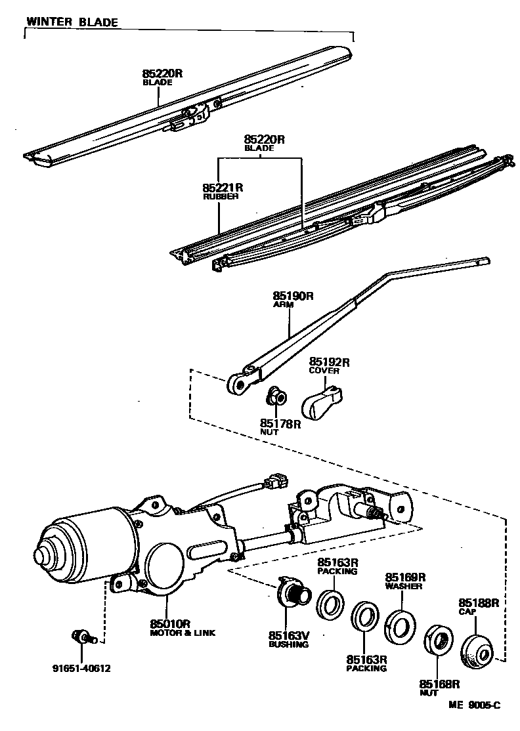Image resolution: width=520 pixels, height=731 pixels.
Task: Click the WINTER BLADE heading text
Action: point(72,22)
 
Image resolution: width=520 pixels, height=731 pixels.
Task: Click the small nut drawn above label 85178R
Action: point(276,396)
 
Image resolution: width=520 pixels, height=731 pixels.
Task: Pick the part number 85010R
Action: point(169,623)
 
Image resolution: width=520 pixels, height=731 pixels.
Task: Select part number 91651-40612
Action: point(81,669)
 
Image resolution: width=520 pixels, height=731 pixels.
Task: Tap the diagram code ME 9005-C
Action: point(475,705)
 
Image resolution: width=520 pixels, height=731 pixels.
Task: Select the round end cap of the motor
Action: point(49,554)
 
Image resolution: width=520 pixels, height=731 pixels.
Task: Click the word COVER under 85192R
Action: point(324,371)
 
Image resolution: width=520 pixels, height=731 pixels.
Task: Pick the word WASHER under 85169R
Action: point(404,587)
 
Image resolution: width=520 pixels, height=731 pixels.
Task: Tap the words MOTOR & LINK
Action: point(183,633)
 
